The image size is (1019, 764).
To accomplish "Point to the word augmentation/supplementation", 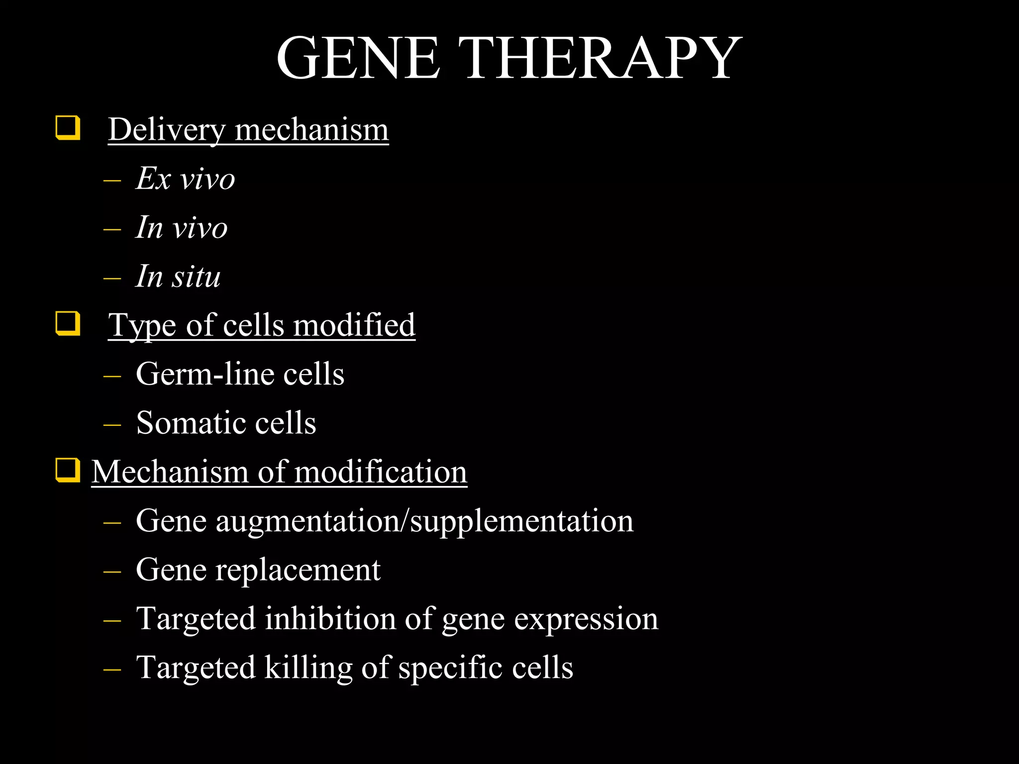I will click(x=424, y=521).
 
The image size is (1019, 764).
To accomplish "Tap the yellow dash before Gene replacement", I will click(x=112, y=571).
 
